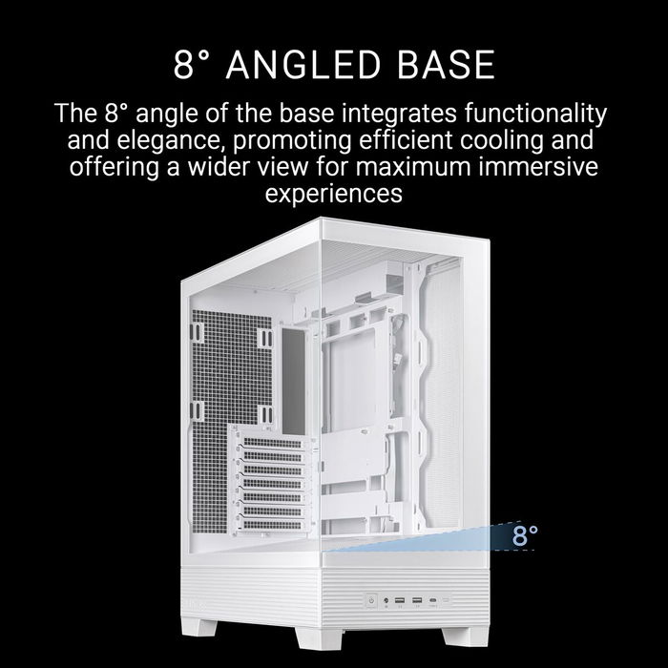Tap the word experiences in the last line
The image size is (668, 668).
(x=333, y=195)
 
